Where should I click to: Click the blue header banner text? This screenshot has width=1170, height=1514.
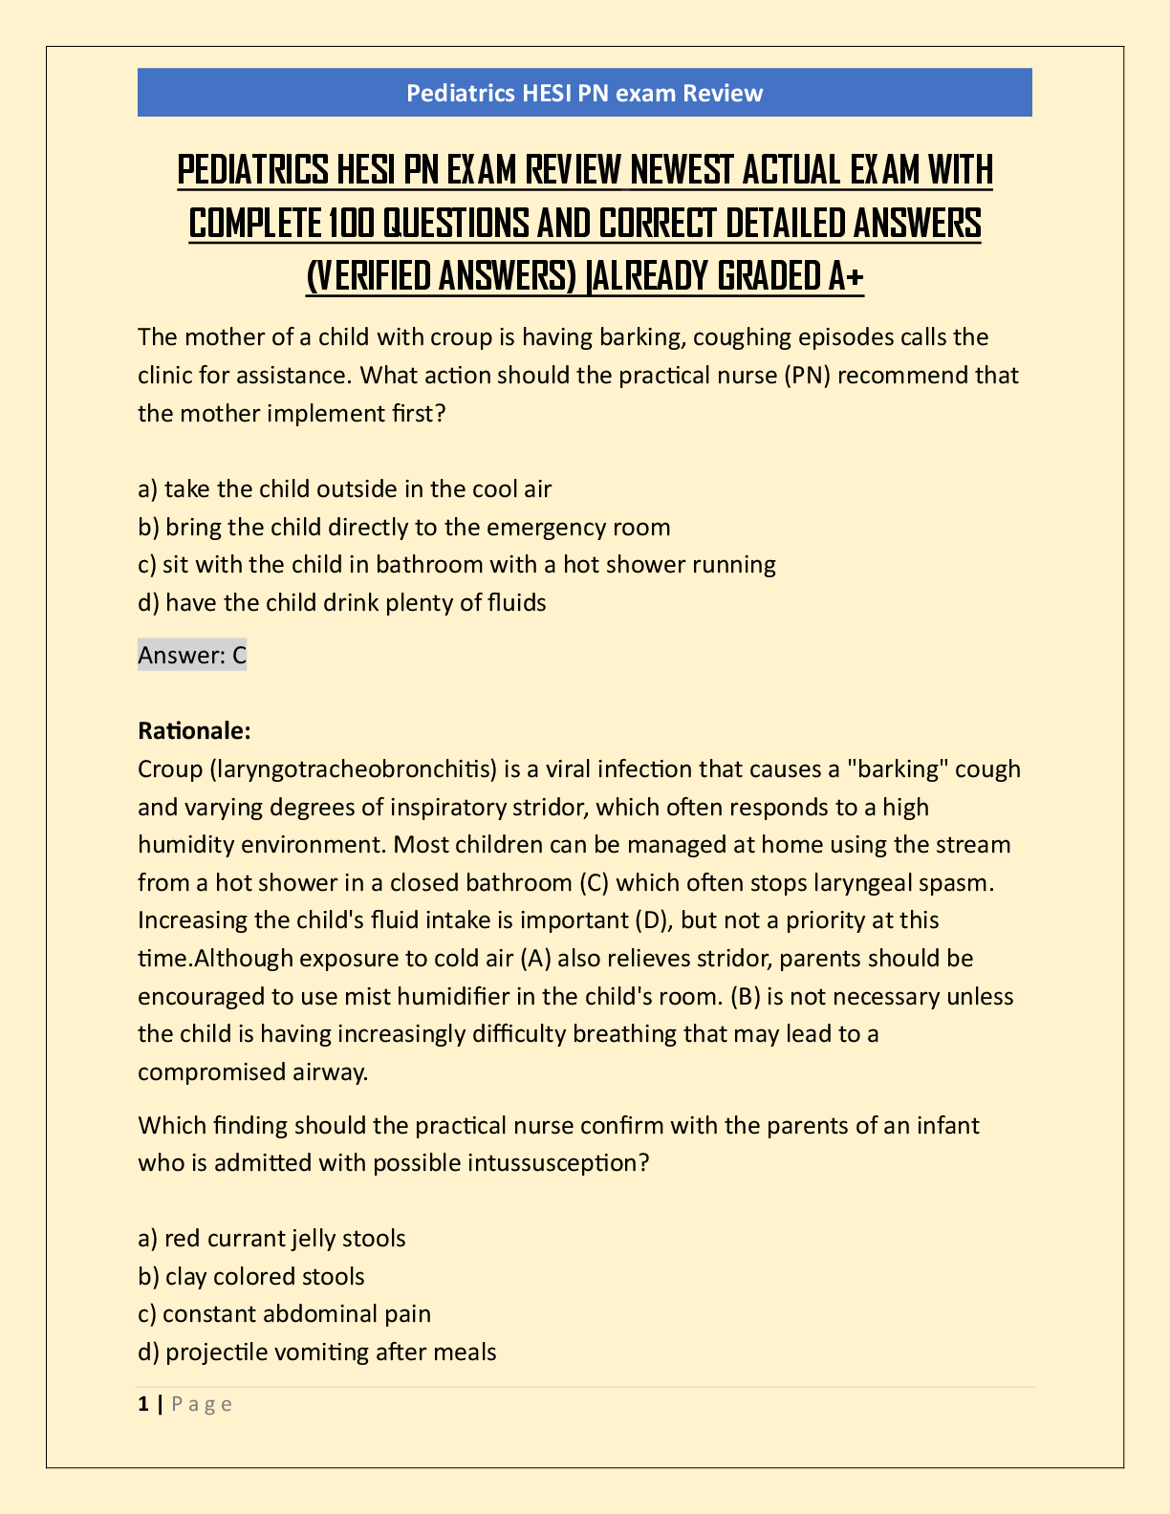[x=584, y=93]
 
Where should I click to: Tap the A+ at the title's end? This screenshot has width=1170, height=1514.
[x=844, y=277]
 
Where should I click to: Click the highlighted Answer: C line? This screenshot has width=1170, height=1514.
[x=192, y=655]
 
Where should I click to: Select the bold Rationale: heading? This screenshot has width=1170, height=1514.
[x=194, y=731]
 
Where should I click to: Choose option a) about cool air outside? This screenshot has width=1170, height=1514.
[x=345, y=489]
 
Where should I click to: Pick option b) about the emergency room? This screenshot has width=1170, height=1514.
[x=404, y=528]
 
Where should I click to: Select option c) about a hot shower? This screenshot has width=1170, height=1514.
[x=457, y=565]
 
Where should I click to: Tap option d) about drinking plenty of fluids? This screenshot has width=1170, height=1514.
[x=342, y=602]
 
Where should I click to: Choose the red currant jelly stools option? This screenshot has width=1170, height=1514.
[x=272, y=1239]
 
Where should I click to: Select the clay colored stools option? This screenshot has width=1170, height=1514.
[x=251, y=1277]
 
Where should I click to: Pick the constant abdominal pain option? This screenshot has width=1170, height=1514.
[x=285, y=1314]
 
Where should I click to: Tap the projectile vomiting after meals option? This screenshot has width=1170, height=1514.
[x=317, y=1352]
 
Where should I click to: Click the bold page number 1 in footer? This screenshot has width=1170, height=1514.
[x=143, y=1404]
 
